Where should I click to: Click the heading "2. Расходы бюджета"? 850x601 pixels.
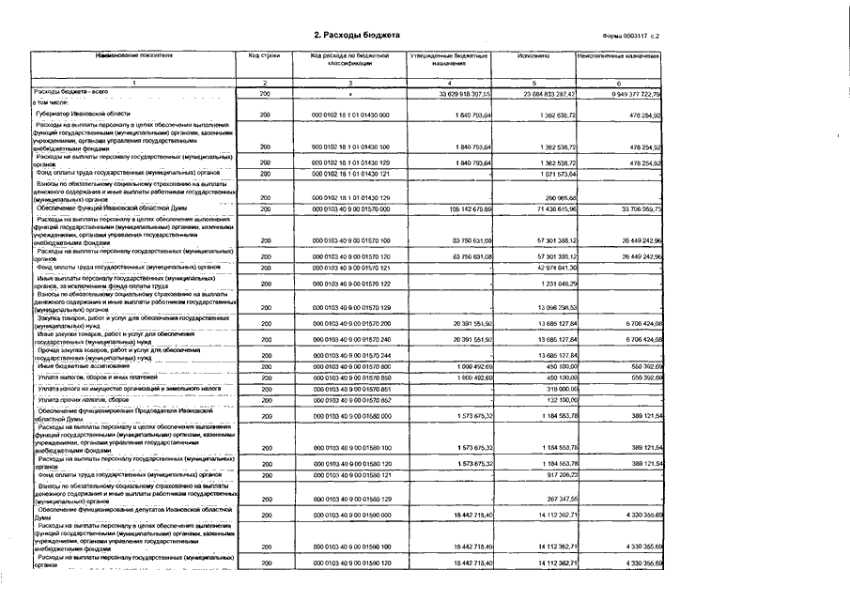coord(356,35)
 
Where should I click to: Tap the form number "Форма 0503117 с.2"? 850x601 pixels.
coord(631,36)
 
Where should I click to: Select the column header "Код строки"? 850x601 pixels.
coord(264,56)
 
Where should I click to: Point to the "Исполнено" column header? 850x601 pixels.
coord(533,56)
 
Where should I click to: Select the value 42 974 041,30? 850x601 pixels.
coord(553,267)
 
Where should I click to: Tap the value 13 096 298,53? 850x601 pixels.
coord(555,307)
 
